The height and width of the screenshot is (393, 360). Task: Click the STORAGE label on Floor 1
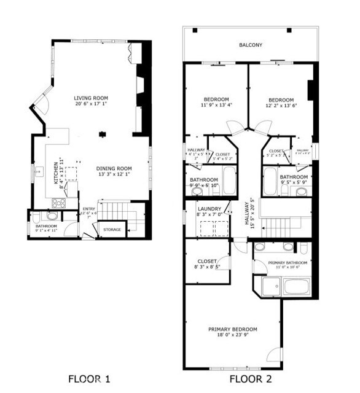coord(111,230)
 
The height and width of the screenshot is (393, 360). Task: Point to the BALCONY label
coord(251,45)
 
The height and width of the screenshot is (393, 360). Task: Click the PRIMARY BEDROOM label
coord(232,329)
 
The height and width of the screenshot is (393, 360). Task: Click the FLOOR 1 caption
coord(89,378)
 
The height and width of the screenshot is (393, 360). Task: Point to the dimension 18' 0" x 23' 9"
coord(232,335)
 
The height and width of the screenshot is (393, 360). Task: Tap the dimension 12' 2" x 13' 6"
coord(281,106)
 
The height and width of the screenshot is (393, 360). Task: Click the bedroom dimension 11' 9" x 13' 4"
coord(216,106)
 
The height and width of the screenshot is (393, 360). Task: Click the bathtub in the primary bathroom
coord(296,286)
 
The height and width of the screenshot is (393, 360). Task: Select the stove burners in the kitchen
coord(59,202)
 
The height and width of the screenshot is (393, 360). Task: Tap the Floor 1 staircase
coord(114,212)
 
